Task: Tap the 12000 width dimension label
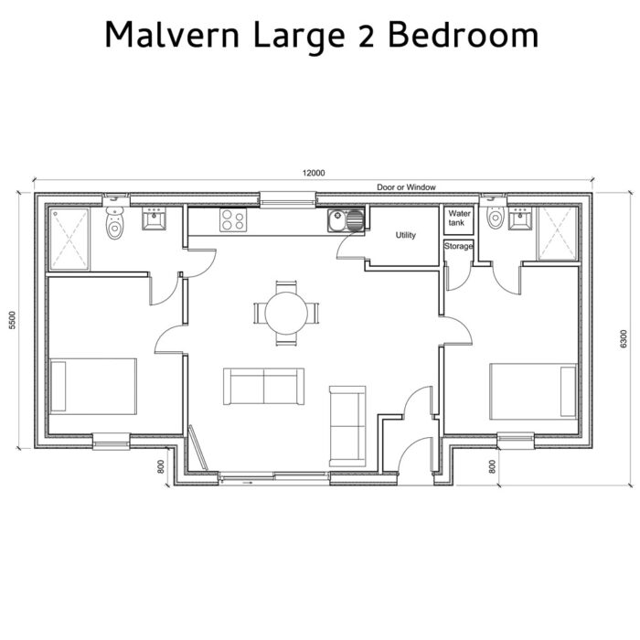click(314, 173)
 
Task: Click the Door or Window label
click(406, 187)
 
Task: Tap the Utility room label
click(405, 236)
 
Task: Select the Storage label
click(458, 246)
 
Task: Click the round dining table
click(286, 313)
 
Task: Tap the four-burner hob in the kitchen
click(231, 219)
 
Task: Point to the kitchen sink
click(345, 219)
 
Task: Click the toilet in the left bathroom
click(114, 222)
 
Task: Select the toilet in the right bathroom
click(496, 219)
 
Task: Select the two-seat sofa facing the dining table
click(264, 387)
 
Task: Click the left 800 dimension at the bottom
click(161, 464)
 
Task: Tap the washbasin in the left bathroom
click(153, 219)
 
